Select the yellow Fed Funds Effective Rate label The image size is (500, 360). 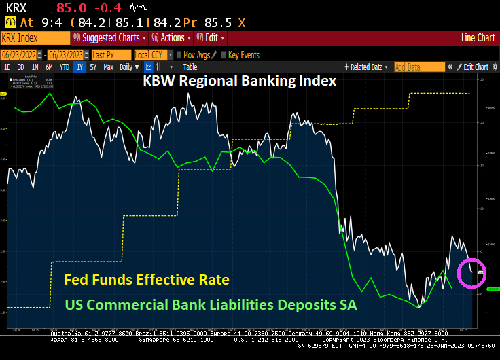146,279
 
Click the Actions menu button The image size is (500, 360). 170,38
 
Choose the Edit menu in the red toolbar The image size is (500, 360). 211,38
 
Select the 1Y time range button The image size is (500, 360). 80,67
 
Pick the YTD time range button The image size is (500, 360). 65,67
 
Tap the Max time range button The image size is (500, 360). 108,67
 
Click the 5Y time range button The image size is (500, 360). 94,67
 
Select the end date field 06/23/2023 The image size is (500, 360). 65,54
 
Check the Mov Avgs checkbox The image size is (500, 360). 179,54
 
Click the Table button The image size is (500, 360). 190,67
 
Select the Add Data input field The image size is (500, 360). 417,67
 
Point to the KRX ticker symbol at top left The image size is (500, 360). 17,8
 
